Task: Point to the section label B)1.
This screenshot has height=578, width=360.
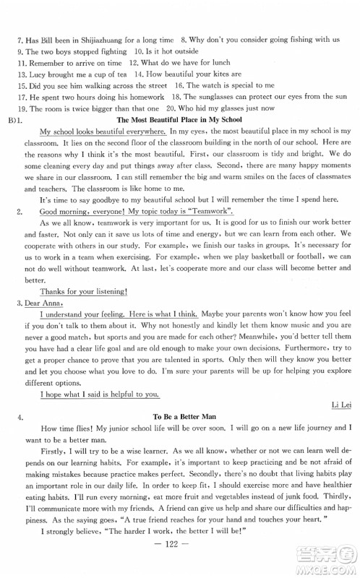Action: (x=16, y=119)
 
